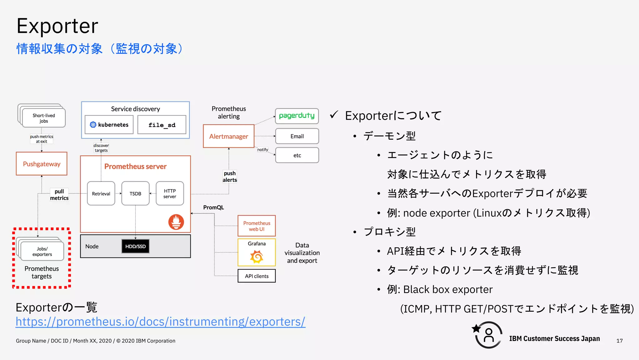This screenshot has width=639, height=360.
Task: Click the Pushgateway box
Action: coord(41,164)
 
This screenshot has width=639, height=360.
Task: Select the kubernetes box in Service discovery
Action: coord(109,125)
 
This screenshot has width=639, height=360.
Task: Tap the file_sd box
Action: coord(162,125)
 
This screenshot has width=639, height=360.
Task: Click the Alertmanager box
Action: coord(229,136)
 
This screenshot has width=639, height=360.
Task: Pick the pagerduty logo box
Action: coord(297,116)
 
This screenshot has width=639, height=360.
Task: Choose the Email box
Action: coord(297,136)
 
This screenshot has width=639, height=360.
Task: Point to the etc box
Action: coord(297,155)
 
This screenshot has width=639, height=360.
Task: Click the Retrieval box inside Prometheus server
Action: coord(101,194)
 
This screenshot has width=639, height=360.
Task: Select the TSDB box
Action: coord(135,194)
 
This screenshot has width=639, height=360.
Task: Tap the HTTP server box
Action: coord(170,194)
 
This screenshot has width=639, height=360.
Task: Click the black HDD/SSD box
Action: coord(135,246)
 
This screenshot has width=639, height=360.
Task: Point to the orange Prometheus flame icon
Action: coord(176,222)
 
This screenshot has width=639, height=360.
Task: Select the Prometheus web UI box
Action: coord(256,226)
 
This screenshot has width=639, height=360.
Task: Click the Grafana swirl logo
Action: coord(256,257)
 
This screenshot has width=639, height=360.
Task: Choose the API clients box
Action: coord(256,276)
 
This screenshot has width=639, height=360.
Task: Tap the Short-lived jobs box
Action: coord(44,118)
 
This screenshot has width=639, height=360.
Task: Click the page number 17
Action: coord(619,341)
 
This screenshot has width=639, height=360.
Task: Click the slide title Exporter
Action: coord(57,26)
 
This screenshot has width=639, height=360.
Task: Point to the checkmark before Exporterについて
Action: coord(334,115)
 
